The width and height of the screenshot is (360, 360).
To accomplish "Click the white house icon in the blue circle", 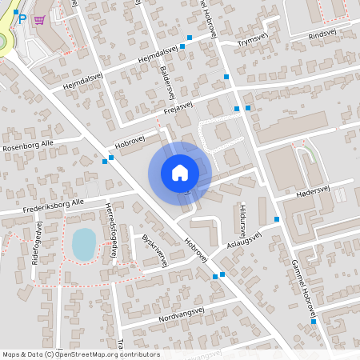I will tap(179, 172).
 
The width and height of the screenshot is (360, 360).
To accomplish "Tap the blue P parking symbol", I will tap(22, 20).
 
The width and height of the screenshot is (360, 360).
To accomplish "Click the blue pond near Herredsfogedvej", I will tap(83, 243).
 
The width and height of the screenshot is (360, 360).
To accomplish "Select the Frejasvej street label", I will tap(179, 111).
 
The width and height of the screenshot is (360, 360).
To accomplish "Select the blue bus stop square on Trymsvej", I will tap(190, 38).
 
